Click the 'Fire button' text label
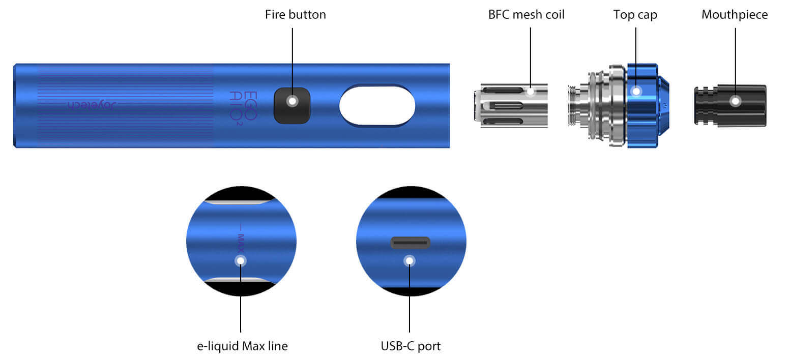click(295, 14)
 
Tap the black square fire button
click(292, 105)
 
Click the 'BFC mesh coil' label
click(526, 14)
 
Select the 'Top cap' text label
click(635, 14)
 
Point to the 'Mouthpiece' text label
click(734, 14)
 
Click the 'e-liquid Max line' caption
click(242, 346)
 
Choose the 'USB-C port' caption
click(411, 346)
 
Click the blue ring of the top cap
click(642, 105)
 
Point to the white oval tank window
click(377, 105)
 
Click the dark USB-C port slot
click(410, 243)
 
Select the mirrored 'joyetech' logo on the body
click(93, 105)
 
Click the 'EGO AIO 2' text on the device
click(244, 106)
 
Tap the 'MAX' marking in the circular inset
click(241, 238)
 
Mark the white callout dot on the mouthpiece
click(735, 101)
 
